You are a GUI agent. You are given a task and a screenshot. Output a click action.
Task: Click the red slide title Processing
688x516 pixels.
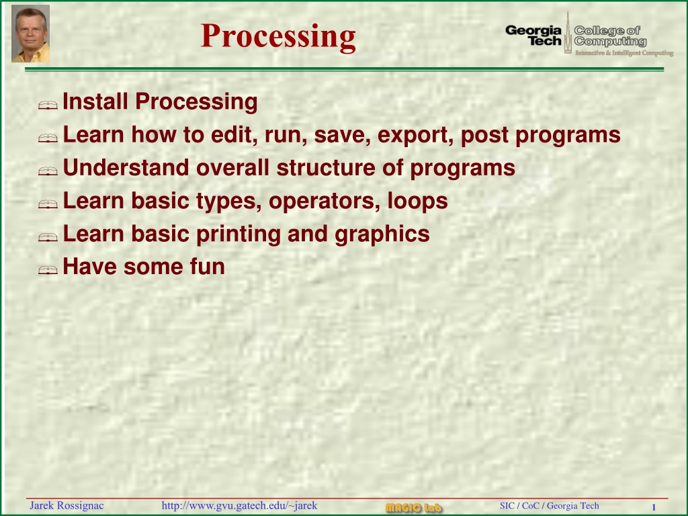(278, 36)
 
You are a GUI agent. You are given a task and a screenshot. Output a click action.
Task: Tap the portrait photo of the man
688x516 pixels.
(30, 34)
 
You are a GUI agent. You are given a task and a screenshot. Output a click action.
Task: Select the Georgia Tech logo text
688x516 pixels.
(533, 36)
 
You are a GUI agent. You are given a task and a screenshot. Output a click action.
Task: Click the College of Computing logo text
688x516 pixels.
(610, 36)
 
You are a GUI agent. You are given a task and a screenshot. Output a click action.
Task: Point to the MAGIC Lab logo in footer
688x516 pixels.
(414, 508)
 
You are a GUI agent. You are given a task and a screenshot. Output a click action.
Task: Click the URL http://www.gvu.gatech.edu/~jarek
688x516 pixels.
(239, 505)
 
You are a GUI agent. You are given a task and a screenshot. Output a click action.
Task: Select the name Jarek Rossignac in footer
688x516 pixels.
(67, 505)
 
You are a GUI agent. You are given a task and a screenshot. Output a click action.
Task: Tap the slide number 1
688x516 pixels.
(653, 507)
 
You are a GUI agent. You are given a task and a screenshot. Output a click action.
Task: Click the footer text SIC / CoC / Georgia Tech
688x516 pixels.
(550, 505)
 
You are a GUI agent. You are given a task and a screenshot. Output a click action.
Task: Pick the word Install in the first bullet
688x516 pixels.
(95, 101)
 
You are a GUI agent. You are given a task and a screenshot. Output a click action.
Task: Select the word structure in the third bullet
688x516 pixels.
(326, 167)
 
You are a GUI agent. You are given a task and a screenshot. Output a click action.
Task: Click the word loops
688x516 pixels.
(417, 202)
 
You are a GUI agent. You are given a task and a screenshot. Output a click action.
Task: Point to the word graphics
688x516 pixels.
(382, 234)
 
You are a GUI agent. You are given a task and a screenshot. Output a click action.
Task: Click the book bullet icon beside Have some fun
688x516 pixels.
(48, 269)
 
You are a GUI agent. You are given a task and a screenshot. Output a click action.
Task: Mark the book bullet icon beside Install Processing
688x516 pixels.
(48, 105)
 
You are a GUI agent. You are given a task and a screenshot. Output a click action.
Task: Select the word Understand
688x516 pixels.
(126, 167)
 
